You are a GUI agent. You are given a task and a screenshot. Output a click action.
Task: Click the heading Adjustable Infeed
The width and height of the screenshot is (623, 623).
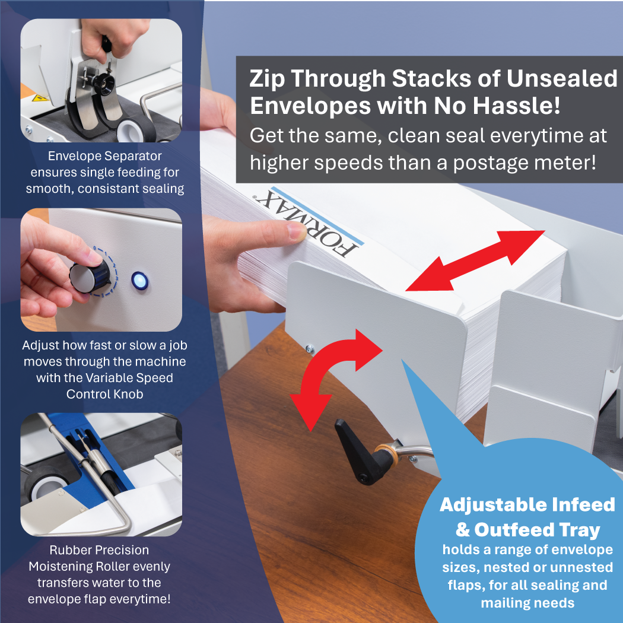click(527, 505)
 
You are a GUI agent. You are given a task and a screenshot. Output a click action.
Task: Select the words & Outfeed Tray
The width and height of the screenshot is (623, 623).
click(527, 529)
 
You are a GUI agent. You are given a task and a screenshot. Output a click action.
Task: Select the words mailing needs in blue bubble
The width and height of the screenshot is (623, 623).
click(527, 603)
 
